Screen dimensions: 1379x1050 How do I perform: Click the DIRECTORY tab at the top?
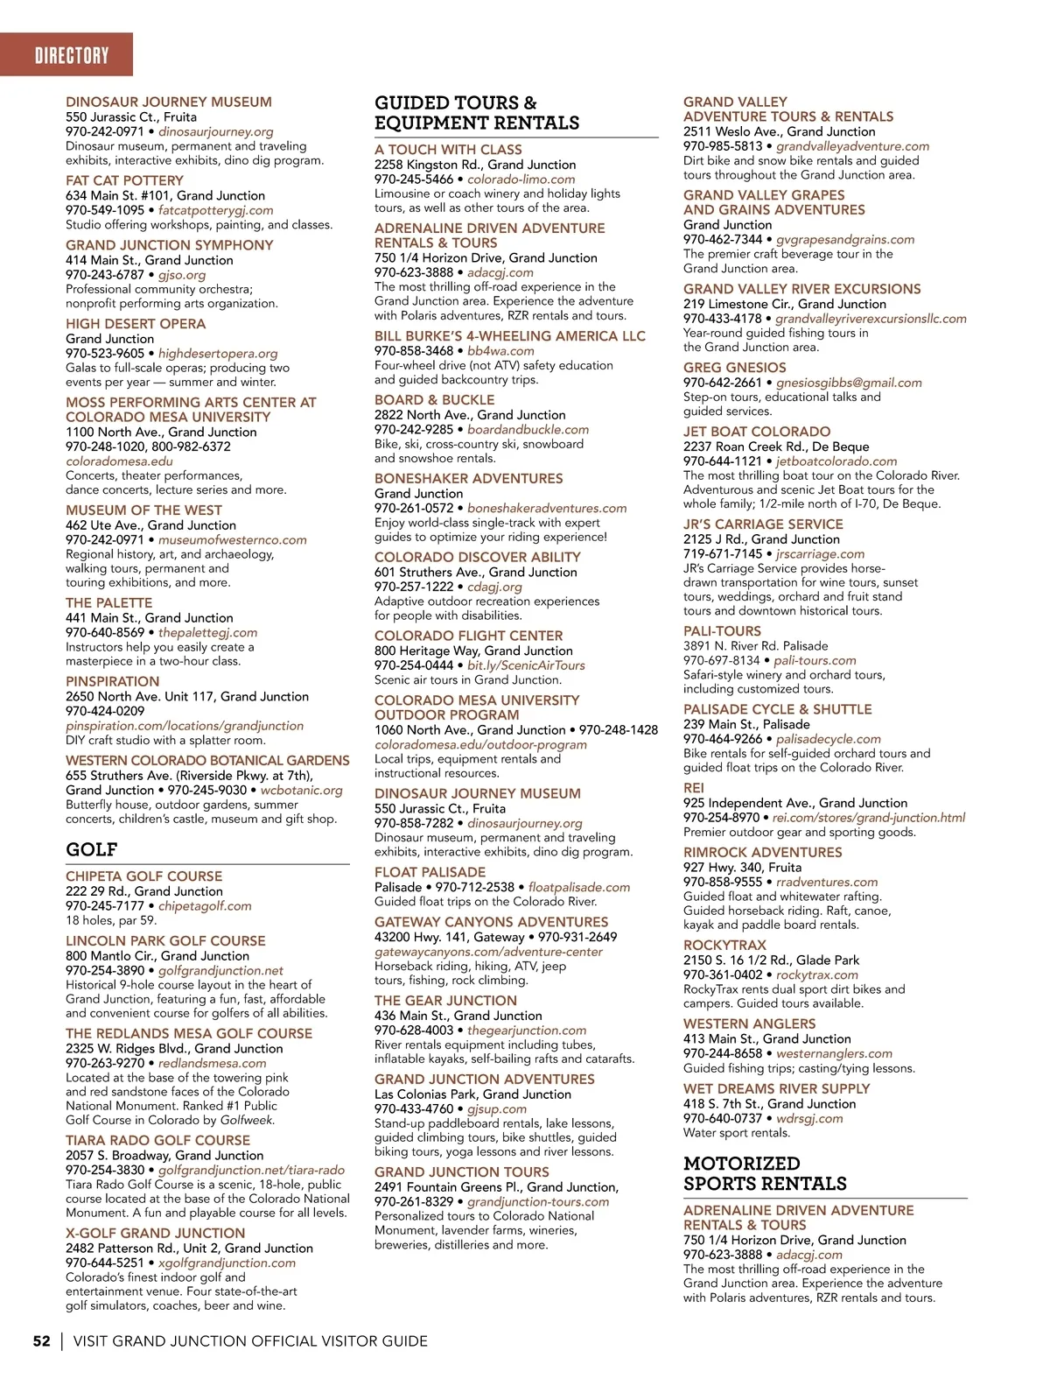click(x=72, y=56)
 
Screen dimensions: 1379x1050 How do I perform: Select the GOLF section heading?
click(x=91, y=849)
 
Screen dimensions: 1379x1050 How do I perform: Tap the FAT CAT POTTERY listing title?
click(x=124, y=180)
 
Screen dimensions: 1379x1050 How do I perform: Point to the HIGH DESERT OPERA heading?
click(x=136, y=324)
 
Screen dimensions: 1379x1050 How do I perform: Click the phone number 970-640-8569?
click(x=105, y=632)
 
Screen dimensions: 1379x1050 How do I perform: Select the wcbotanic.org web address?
click(x=301, y=790)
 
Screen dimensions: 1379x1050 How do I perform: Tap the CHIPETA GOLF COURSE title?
click(x=143, y=876)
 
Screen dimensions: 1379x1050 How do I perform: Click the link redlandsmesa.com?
click(x=212, y=1063)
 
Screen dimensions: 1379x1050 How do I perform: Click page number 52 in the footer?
click(x=41, y=1340)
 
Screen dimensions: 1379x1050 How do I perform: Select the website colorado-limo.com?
click(x=521, y=179)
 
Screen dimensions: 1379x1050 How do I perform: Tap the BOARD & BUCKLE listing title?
click(x=434, y=400)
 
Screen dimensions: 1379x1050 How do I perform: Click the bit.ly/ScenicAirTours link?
click(x=526, y=665)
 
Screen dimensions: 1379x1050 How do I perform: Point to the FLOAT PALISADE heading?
click(x=430, y=873)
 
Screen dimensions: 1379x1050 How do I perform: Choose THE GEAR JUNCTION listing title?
click(x=445, y=1001)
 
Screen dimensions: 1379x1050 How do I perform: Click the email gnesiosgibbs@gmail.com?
click(x=849, y=383)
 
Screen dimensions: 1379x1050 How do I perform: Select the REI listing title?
click(x=693, y=788)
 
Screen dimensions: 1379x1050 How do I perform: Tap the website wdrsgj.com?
click(x=809, y=1118)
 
